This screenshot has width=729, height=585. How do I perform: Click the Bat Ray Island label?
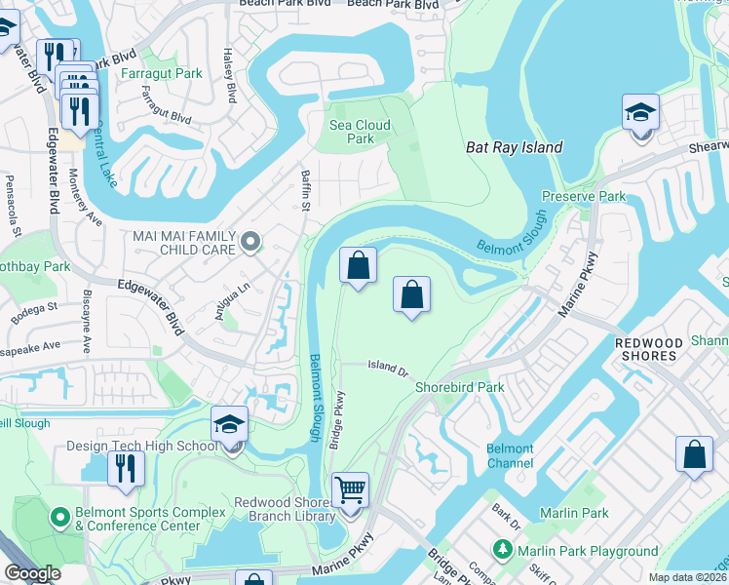tap(514, 147)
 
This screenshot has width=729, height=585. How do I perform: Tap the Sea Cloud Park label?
tap(360, 132)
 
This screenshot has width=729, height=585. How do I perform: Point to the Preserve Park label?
tap(597, 196)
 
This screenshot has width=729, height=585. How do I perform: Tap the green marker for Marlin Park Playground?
tap(504, 551)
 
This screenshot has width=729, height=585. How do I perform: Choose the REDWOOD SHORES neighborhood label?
tap(646, 349)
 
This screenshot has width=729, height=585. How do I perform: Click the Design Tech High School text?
tap(141, 447)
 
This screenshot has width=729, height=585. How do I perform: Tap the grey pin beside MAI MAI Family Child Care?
tap(251, 241)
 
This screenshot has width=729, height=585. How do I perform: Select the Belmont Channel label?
tap(510, 455)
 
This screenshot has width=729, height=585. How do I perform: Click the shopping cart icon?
tap(350, 488)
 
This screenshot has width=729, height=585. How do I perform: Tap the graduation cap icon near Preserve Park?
tap(640, 112)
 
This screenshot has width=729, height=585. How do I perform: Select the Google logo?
tap(33, 574)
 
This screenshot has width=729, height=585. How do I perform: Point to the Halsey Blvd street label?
tap(231, 76)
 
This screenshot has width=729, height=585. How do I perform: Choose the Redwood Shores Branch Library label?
tap(285, 509)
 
